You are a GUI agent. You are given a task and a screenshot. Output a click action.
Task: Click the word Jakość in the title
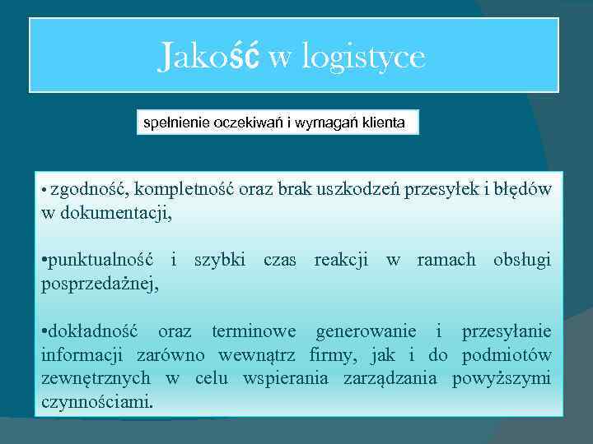209,56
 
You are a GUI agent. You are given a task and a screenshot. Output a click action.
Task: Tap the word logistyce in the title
363,58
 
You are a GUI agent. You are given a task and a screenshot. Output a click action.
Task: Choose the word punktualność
100,261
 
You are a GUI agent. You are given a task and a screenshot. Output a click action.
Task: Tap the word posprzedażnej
100,284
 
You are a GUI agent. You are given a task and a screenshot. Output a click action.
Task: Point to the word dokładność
94,332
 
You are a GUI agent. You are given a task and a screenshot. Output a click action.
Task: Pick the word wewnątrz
259,356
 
